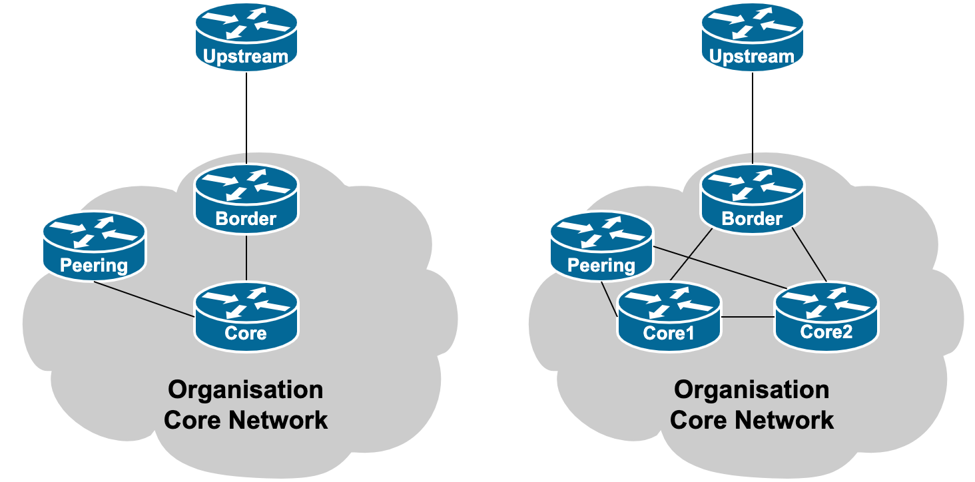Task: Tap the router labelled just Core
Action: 246,316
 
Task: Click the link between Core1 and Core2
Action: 748,316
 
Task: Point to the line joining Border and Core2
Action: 810,256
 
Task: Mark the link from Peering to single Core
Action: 143,299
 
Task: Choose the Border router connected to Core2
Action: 752,196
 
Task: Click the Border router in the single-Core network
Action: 246,196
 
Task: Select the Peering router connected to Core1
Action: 601,245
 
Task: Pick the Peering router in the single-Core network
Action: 94,245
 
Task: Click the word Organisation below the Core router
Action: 246,389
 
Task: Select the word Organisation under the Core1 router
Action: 752,389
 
